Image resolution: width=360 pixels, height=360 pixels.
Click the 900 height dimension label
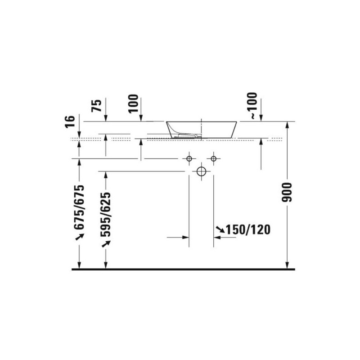[x=289, y=192]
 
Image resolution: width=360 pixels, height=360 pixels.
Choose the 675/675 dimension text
[x=80, y=207]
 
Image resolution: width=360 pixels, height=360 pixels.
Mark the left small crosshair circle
[x=189, y=158]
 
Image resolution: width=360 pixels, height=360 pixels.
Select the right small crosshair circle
[x=213, y=158]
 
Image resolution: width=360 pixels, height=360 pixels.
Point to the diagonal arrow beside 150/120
[x=220, y=230]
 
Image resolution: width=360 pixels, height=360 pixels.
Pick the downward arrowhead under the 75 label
[x=105, y=118]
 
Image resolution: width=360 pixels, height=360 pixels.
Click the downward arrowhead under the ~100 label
[x=261, y=118]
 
